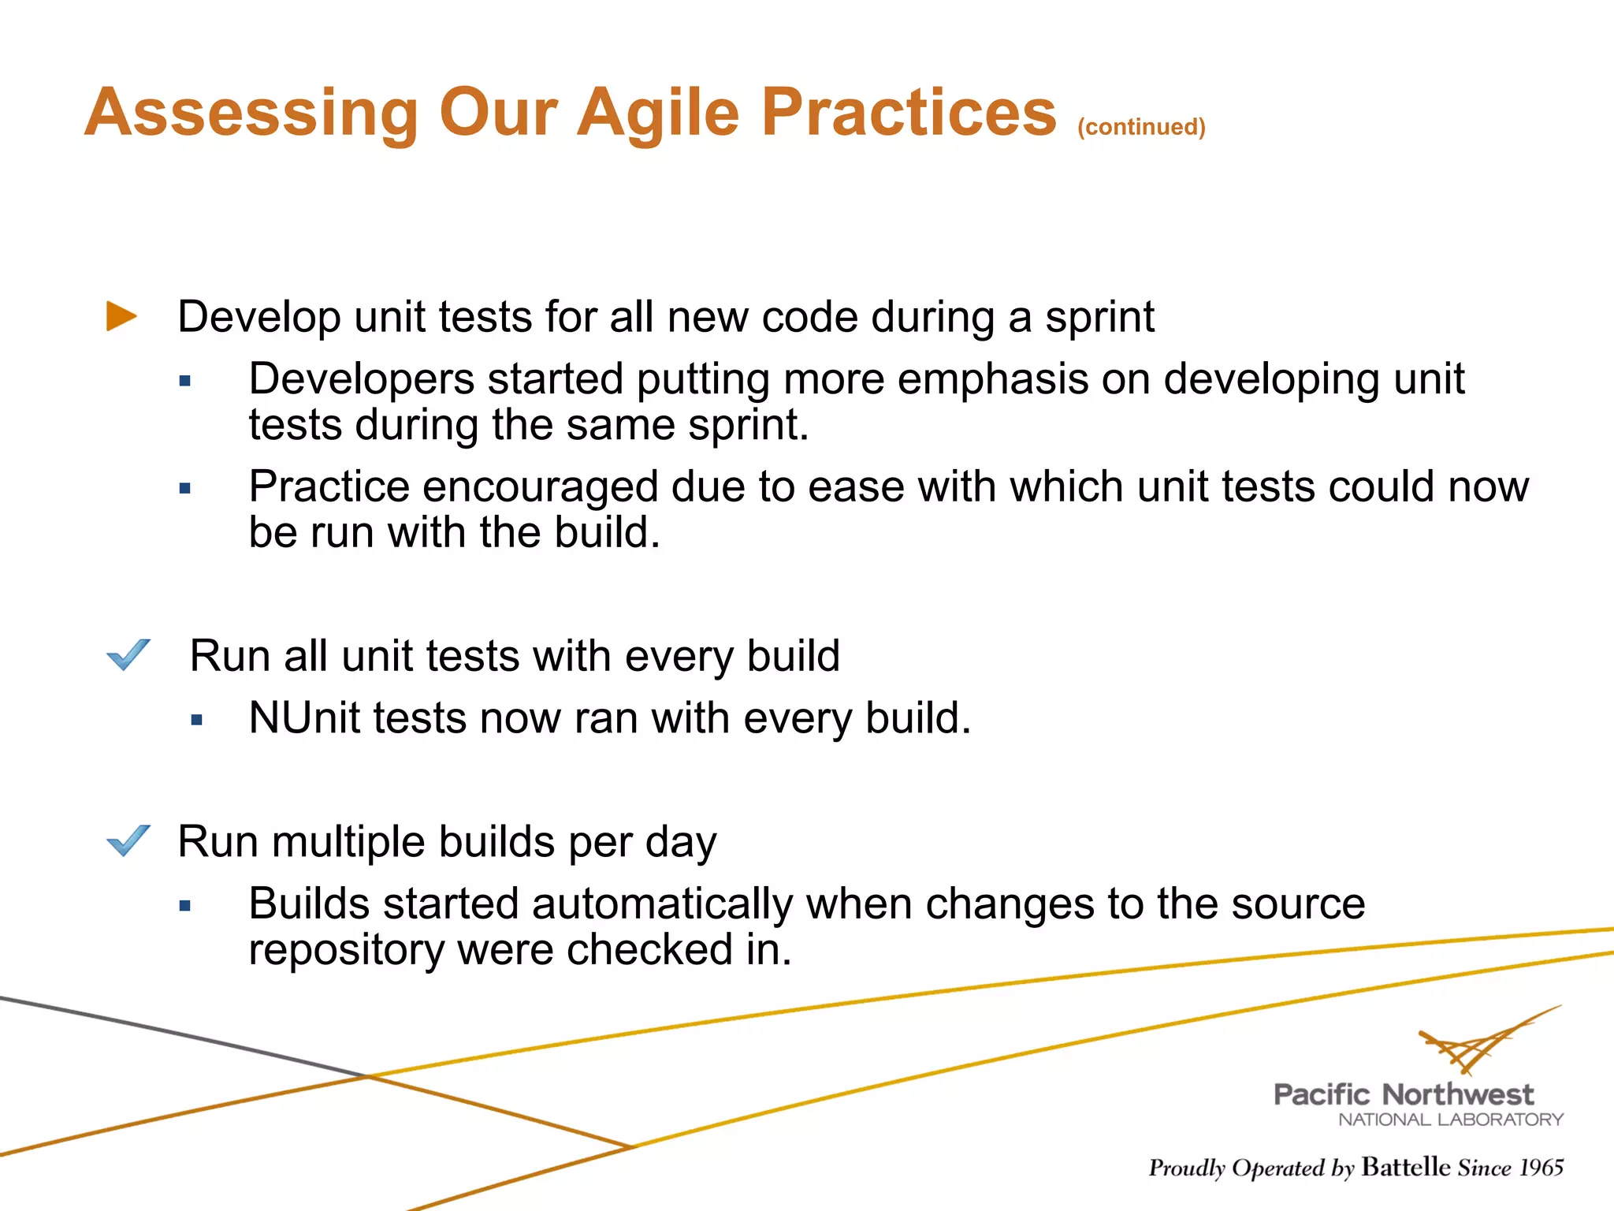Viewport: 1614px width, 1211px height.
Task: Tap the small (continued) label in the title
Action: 1141,127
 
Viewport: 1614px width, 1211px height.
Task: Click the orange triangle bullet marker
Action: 121,316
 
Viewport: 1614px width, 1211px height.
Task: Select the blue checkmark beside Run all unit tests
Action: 128,654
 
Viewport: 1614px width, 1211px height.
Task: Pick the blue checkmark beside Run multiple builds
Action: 128,840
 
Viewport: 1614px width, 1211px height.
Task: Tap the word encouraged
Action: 541,486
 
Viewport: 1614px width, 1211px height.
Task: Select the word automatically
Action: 662,904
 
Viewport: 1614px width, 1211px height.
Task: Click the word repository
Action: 346,949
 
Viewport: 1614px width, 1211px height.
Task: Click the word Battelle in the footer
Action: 1405,1167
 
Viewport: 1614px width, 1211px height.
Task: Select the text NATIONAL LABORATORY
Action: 1450,1120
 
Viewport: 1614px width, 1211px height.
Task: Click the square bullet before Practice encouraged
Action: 185,489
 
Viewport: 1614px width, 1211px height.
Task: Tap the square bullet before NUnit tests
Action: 197,720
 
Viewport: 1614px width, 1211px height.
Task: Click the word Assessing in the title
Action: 251,113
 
